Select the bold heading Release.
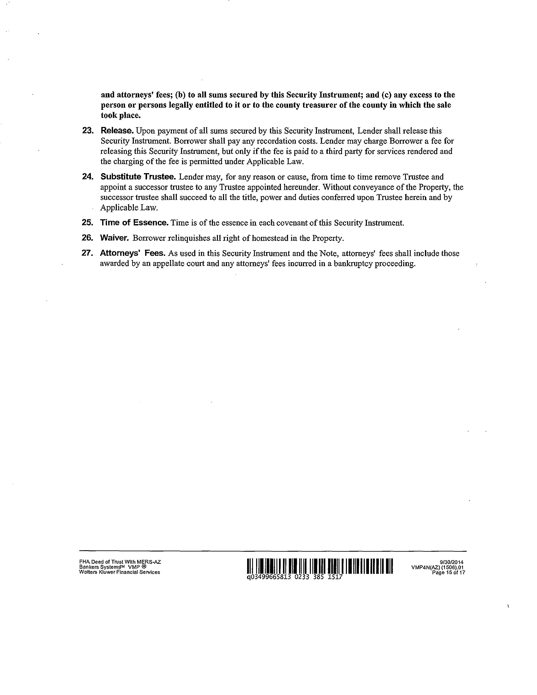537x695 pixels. (117, 131)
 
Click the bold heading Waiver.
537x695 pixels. (114, 238)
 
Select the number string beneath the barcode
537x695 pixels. (295, 577)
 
